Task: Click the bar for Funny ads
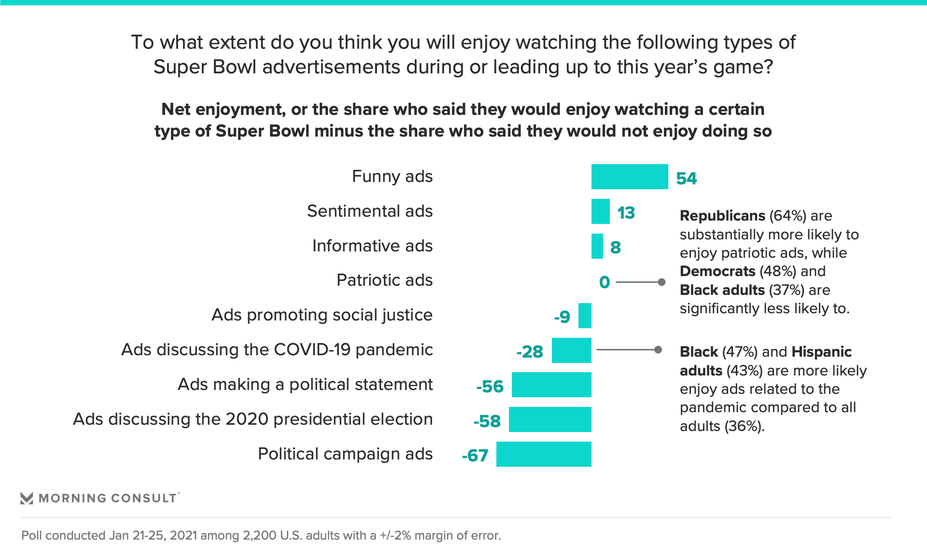pyautogui.click(x=629, y=177)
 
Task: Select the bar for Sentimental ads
pyautogui.click(x=600, y=211)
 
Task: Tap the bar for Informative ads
pyautogui.click(x=597, y=246)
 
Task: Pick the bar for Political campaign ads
pyautogui.click(x=544, y=454)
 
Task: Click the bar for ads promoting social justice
pyautogui.click(x=585, y=316)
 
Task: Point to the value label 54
pyautogui.click(x=686, y=179)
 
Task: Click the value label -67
pyautogui.click(x=475, y=456)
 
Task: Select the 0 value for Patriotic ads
pyautogui.click(x=604, y=282)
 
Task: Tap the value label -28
pyautogui.click(x=530, y=352)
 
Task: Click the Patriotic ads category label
pyautogui.click(x=384, y=280)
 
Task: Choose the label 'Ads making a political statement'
pyautogui.click(x=305, y=385)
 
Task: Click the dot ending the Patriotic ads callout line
pyautogui.click(x=662, y=282)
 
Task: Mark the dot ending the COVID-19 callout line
pyautogui.click(x=658, y=349)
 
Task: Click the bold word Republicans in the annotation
pyautogui.click(x=722, y=216)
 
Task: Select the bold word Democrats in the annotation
pyautogui.click(x=717, y=271)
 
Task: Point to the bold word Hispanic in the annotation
pyautogui.click(x=821, y=352)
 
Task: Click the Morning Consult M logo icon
pyautogui.click(x=27, y=498)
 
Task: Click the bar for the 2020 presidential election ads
pyautogui.click(x=550, y=419)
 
